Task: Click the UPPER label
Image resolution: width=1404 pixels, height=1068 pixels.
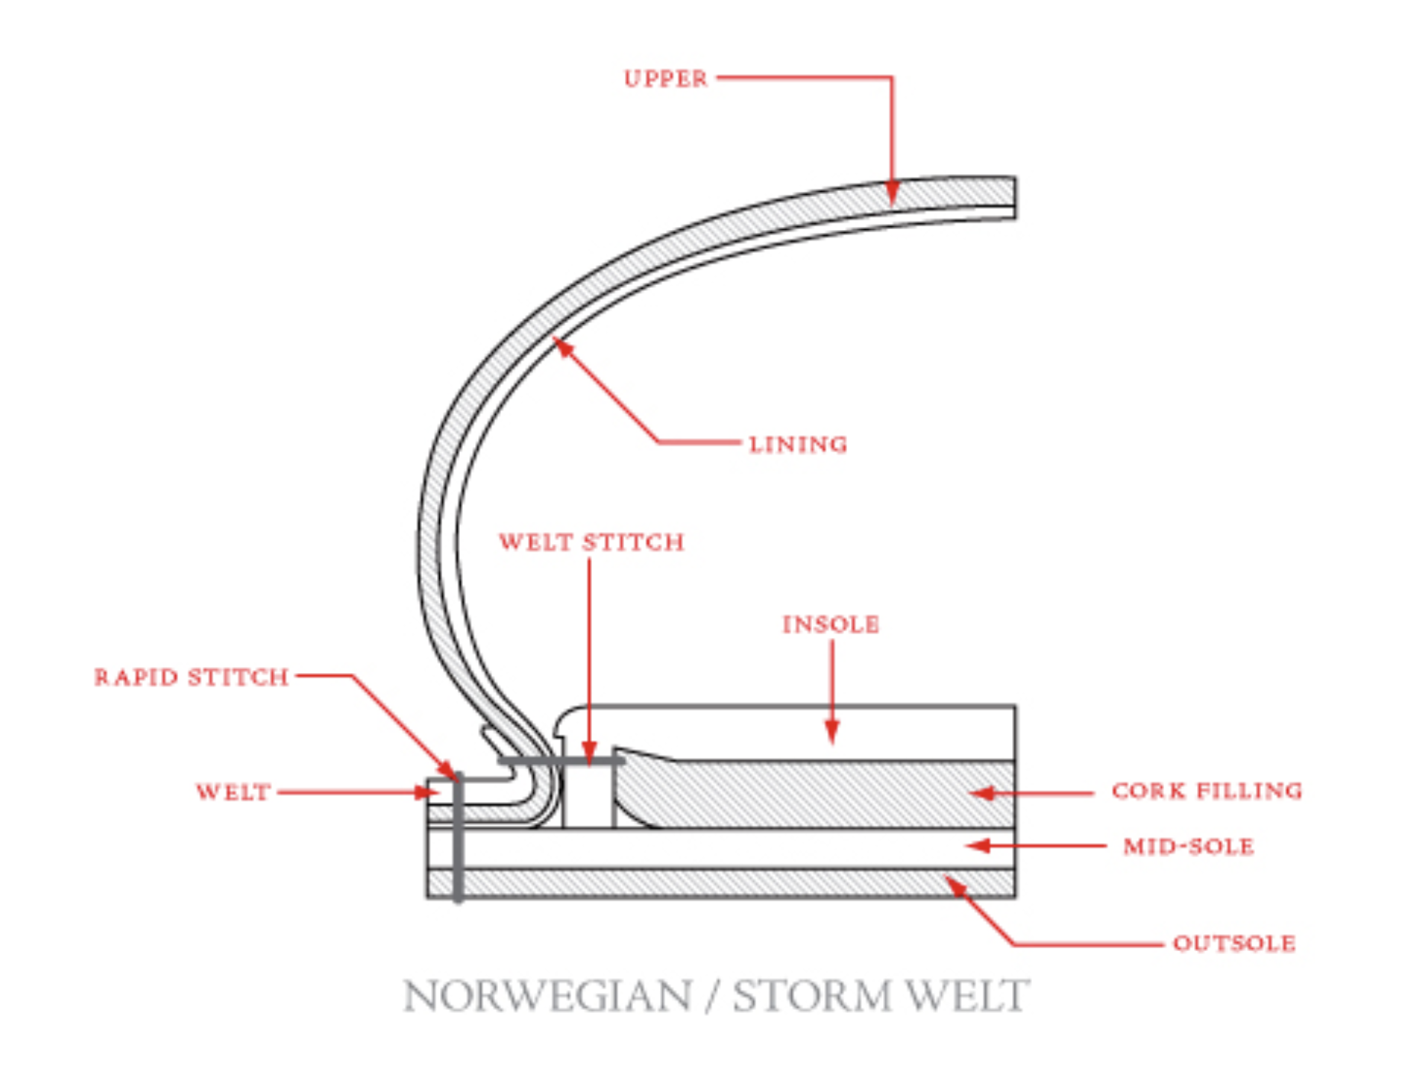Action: tap(665, 79)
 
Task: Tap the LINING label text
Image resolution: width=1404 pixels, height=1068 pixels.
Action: tap(797, 445)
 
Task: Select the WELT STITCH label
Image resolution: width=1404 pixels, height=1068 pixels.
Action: tap(591, 542)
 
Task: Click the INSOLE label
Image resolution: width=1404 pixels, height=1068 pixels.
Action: tap(830, 625)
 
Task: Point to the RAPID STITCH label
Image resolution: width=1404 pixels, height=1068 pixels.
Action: tap(191, 678)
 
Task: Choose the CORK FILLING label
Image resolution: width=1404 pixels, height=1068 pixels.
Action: tap(1206, 791)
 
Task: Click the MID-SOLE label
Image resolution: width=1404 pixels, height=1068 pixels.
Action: tap(1188, 846)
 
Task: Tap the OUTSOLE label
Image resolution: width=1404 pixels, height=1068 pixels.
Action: tap(1234, 943)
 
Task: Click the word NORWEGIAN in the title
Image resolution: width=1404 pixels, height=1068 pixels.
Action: tap(547, 996)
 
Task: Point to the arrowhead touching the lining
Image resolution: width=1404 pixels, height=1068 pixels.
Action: tap(562, 347)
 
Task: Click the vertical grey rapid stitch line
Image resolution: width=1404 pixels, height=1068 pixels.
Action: tap(458, 840)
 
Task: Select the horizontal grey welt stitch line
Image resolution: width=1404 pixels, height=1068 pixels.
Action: tap(561, 762)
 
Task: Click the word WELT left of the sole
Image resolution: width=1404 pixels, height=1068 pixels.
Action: tap(233, 792)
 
